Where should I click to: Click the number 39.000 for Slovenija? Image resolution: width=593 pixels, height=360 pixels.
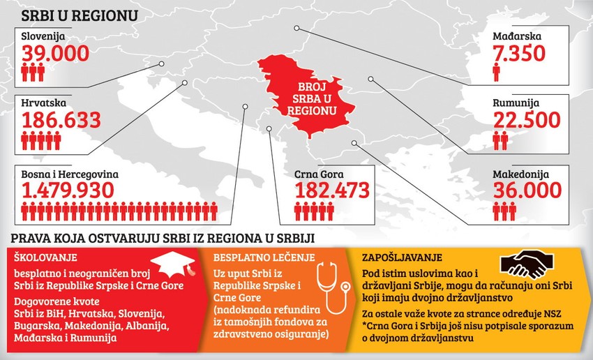click(x=55, y=52)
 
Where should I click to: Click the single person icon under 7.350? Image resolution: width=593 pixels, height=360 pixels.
click(x=497, y=71)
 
